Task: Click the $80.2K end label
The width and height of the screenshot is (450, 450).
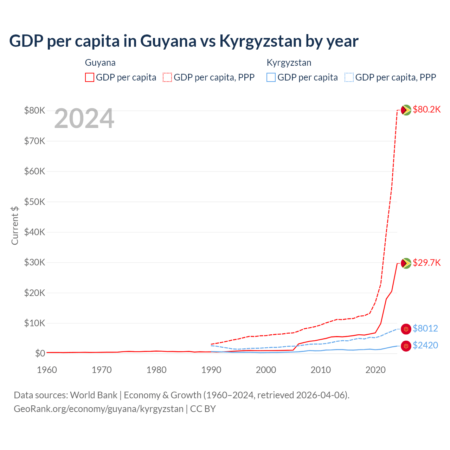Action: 426,110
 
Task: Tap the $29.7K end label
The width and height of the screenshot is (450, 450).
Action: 426,263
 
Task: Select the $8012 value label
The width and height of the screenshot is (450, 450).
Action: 425,328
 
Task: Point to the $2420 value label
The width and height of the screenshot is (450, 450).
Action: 425,345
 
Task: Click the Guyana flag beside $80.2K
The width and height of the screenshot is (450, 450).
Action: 406,110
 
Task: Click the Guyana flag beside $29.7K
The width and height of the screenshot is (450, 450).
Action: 406,263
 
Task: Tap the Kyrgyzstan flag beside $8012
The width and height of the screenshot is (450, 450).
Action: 406,329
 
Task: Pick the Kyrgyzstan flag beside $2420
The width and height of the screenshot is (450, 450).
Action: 406,346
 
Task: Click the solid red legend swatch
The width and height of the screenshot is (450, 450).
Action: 90,77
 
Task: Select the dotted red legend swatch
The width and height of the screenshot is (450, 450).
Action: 167,77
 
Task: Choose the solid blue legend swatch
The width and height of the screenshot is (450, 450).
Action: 271,77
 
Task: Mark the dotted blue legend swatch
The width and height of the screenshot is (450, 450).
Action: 349,77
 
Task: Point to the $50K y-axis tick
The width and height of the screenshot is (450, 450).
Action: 34,202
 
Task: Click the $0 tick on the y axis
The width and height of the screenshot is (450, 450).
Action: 40,353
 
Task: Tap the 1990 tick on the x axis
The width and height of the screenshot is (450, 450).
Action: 211,370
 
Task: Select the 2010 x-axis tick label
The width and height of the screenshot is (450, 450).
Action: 321,370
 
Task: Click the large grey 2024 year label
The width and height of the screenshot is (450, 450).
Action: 84,119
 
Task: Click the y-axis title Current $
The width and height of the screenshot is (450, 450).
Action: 15,225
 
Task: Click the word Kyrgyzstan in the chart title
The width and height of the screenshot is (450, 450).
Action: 261,41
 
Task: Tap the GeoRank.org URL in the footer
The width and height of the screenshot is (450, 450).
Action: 98,409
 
